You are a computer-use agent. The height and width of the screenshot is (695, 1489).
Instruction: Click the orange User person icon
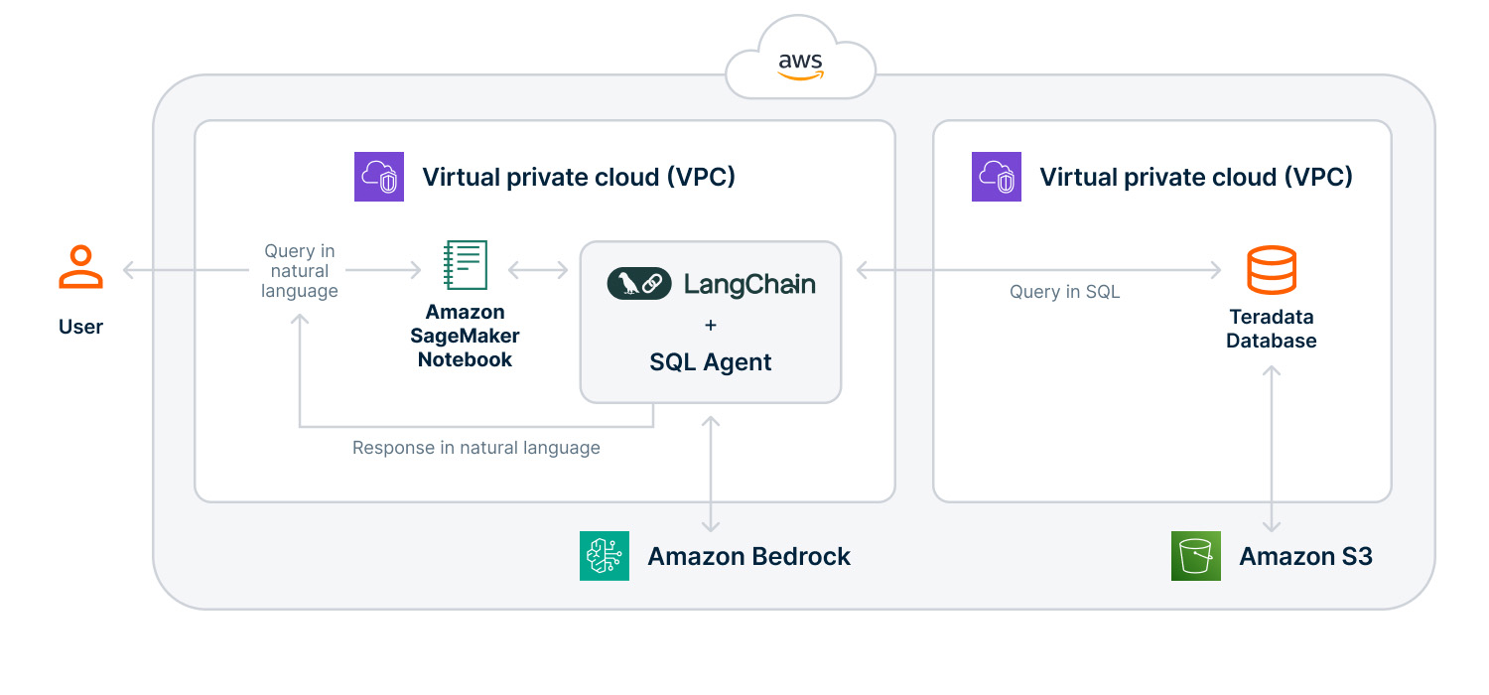coord(80,267)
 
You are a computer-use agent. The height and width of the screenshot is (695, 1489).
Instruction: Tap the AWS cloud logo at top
coord(800,66)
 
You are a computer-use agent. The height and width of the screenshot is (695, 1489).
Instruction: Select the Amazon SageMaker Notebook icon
coord(465,265)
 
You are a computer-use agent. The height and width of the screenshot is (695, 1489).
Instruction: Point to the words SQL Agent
coord(710,362)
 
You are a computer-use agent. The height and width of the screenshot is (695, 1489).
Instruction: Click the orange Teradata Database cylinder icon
coord(1271,270)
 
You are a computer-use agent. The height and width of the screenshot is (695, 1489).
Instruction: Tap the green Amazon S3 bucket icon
coord(1196,556)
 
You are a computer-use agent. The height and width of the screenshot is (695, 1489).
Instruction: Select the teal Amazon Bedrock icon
coord(605,556)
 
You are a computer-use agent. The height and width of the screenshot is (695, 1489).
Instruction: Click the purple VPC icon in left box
coord(379,177)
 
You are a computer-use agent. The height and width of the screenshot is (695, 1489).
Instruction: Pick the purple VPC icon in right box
coord(996,177)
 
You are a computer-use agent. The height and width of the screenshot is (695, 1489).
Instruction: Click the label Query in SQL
coord(1064,292)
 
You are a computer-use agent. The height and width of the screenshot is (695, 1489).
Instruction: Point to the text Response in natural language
coord(476,448)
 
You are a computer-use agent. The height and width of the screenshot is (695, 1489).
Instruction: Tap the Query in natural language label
coord(299,271)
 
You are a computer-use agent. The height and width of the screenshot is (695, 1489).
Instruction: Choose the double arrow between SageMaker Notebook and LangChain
coord(537,269)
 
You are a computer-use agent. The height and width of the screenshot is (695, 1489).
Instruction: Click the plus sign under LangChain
coord(710,325)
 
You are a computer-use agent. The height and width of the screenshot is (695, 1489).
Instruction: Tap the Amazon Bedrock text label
coord(748,556)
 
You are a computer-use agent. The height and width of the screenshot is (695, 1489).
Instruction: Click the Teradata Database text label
coord(1271,329)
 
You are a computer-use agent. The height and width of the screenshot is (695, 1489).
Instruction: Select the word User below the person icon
coord(80,327)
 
